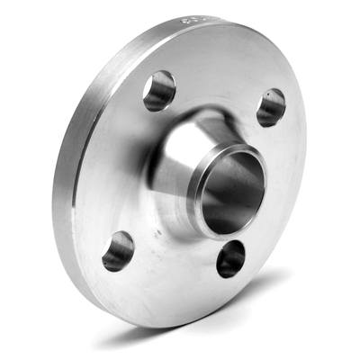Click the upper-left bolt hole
[158, 90]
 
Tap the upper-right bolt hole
[270, 107]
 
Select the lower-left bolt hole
[118, 251]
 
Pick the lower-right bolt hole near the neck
[231, 259]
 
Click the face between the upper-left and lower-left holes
[117, 171]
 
